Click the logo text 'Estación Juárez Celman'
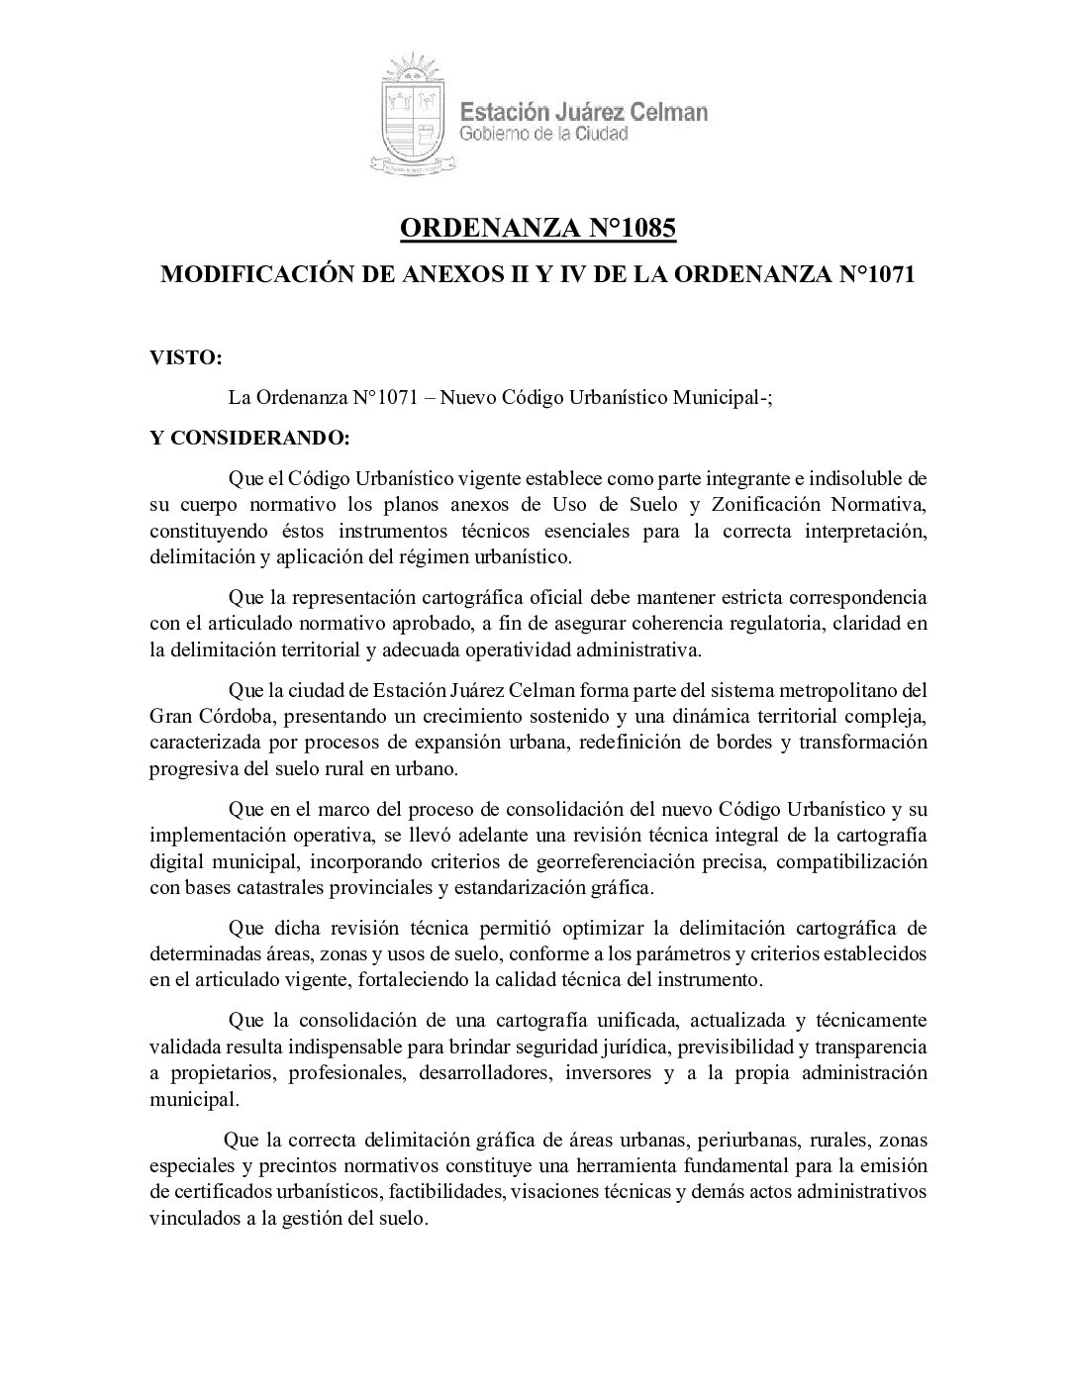pyautogui.click(x=585, y=112)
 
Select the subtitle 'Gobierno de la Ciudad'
pyautogui.click(x=544, y=134)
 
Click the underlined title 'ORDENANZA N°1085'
pyautogui.click(x=538, y=230)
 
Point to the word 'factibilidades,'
pyautogui.click(x=441, y=1190)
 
